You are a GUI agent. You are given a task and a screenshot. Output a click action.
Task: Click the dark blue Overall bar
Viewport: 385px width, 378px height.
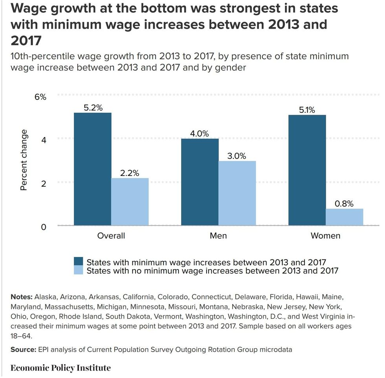coord(92,169)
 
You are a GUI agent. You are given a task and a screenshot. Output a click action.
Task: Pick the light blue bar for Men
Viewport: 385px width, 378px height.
coord(237,193)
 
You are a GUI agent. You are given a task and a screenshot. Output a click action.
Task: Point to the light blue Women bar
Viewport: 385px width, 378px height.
coord(344,217)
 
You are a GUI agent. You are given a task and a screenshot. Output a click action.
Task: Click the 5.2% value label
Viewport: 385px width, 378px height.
coord(93,108)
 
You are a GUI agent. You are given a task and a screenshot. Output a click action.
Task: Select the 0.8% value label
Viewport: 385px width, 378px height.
coord(344,204)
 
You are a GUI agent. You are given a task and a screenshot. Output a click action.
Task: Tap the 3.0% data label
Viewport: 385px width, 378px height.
coord(237,156)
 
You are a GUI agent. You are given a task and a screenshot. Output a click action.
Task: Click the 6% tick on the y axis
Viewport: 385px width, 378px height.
coord(40,97)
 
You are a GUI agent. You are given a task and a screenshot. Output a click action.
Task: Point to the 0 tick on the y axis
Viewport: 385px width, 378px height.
coord(43,227)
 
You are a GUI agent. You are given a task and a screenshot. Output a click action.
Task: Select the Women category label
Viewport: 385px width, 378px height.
coord(325,236)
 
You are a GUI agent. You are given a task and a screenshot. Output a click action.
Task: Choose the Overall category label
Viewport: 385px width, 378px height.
coord(111,236)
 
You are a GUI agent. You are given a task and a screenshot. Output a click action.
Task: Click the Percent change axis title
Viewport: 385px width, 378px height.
coord(24,160)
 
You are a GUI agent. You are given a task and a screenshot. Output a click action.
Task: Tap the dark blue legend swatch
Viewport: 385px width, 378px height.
coord(79,262)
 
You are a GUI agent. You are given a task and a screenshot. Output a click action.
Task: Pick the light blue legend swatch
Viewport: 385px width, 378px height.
coord(79,270)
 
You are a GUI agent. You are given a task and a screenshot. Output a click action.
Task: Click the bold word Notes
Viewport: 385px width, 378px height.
coord(22,296)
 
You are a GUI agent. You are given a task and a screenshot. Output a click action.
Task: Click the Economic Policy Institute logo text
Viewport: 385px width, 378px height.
coord(60,368)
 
